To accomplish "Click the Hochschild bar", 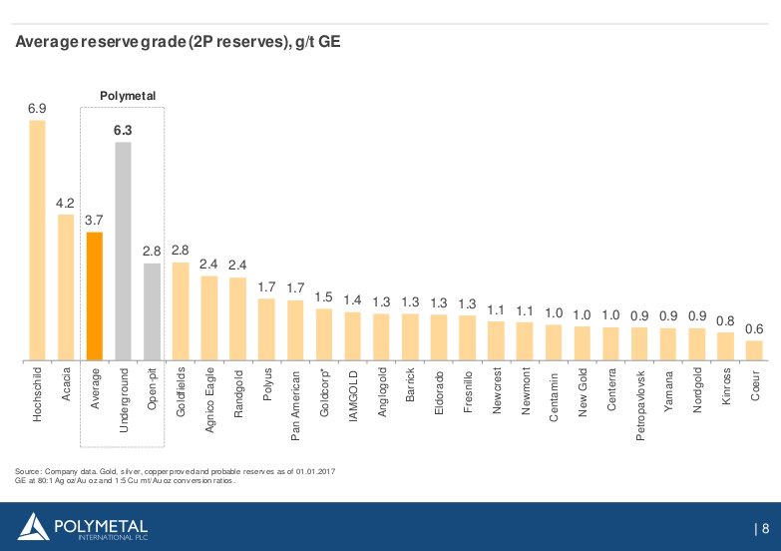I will [37, 240].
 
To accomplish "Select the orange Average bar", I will [95, 295].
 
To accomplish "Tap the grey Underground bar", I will [124, 251].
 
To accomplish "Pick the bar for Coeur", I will [755, 349].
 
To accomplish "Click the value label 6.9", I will [37, 108].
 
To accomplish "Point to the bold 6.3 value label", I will [124, 130].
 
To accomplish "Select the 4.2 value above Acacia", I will [66, 203].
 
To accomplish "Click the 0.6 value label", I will [755, 328].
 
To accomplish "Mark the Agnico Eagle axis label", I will [209, 397].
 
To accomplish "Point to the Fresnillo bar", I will [467, 337].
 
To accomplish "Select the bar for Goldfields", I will [181, 310].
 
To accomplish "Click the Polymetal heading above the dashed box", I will [129, 96].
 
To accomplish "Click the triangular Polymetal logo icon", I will [33, 526].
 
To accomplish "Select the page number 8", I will [765, 528].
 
